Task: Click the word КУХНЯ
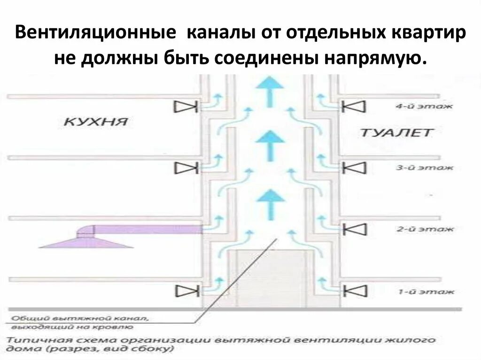(x=96, y=122)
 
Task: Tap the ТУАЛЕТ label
(x=395, y=132)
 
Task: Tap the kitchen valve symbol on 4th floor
(x=184, y=107)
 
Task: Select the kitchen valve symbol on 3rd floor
(x=184, y=167)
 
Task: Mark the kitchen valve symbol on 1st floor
(x=184, y=291)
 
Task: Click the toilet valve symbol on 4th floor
(x=353, y=107)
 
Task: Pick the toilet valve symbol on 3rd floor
(x=353, y=167)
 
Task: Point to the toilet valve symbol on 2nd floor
(x=353, y=229)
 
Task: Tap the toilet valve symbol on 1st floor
(x=353, y=291)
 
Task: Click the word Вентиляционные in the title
(x=96, y=35)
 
